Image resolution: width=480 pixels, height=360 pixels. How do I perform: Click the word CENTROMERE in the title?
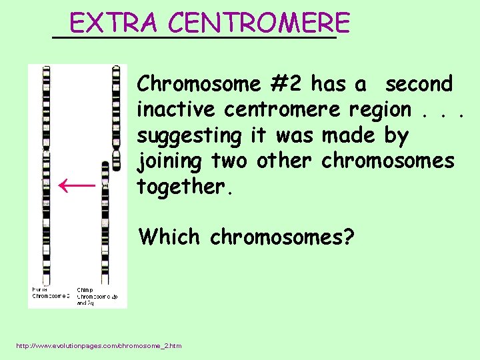(x=259, y=24)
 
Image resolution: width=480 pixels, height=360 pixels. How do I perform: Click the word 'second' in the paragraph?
(x=419, y=84)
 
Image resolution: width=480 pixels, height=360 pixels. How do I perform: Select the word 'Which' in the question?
(x=169, y=237)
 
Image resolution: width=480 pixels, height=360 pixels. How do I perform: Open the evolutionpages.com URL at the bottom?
(x=98, y=345)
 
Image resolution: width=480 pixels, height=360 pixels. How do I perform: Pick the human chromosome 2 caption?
(x=51, y=293)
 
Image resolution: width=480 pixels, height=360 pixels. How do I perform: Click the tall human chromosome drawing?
(x=47, y=173)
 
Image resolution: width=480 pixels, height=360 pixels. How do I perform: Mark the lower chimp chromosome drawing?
(x=105, y=220)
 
